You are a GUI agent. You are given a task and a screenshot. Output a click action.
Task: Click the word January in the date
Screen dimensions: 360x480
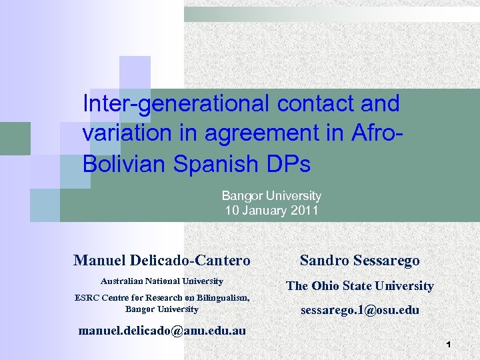click(265, 211)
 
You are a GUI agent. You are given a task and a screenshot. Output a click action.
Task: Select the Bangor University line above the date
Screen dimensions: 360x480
click(271, 196)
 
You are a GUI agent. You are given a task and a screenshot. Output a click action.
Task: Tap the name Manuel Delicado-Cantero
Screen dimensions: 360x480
click(162, 260)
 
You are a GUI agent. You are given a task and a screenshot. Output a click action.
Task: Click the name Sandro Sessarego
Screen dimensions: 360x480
click(360, 260)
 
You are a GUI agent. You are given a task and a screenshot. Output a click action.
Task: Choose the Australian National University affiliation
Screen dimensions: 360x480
click(162, 281)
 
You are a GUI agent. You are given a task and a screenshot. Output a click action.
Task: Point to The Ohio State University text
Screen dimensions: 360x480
click(360, 286)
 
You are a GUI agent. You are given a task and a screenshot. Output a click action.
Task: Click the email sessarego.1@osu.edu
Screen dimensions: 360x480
click(360, 309)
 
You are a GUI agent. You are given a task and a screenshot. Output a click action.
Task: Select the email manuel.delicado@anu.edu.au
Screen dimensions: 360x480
click(162, 331)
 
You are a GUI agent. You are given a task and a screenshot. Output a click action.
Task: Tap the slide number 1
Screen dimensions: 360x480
click(449, 345)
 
